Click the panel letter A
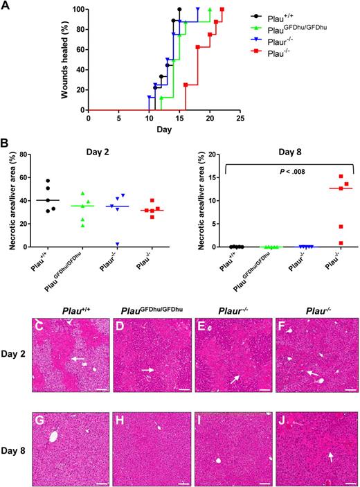click(x=6, y=6)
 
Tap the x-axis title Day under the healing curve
click(x=163, y=130)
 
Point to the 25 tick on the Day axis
click(x=240, y=118)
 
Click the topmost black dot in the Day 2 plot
click(x=48, y=181)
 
